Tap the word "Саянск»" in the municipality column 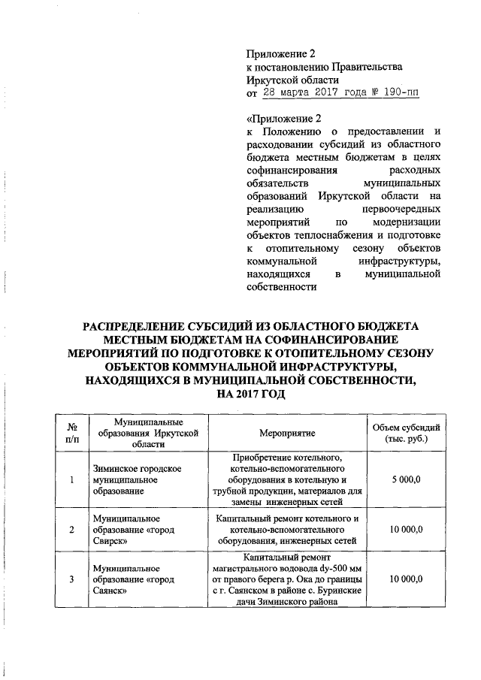(108, 591)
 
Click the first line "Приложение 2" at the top (278, 53)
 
